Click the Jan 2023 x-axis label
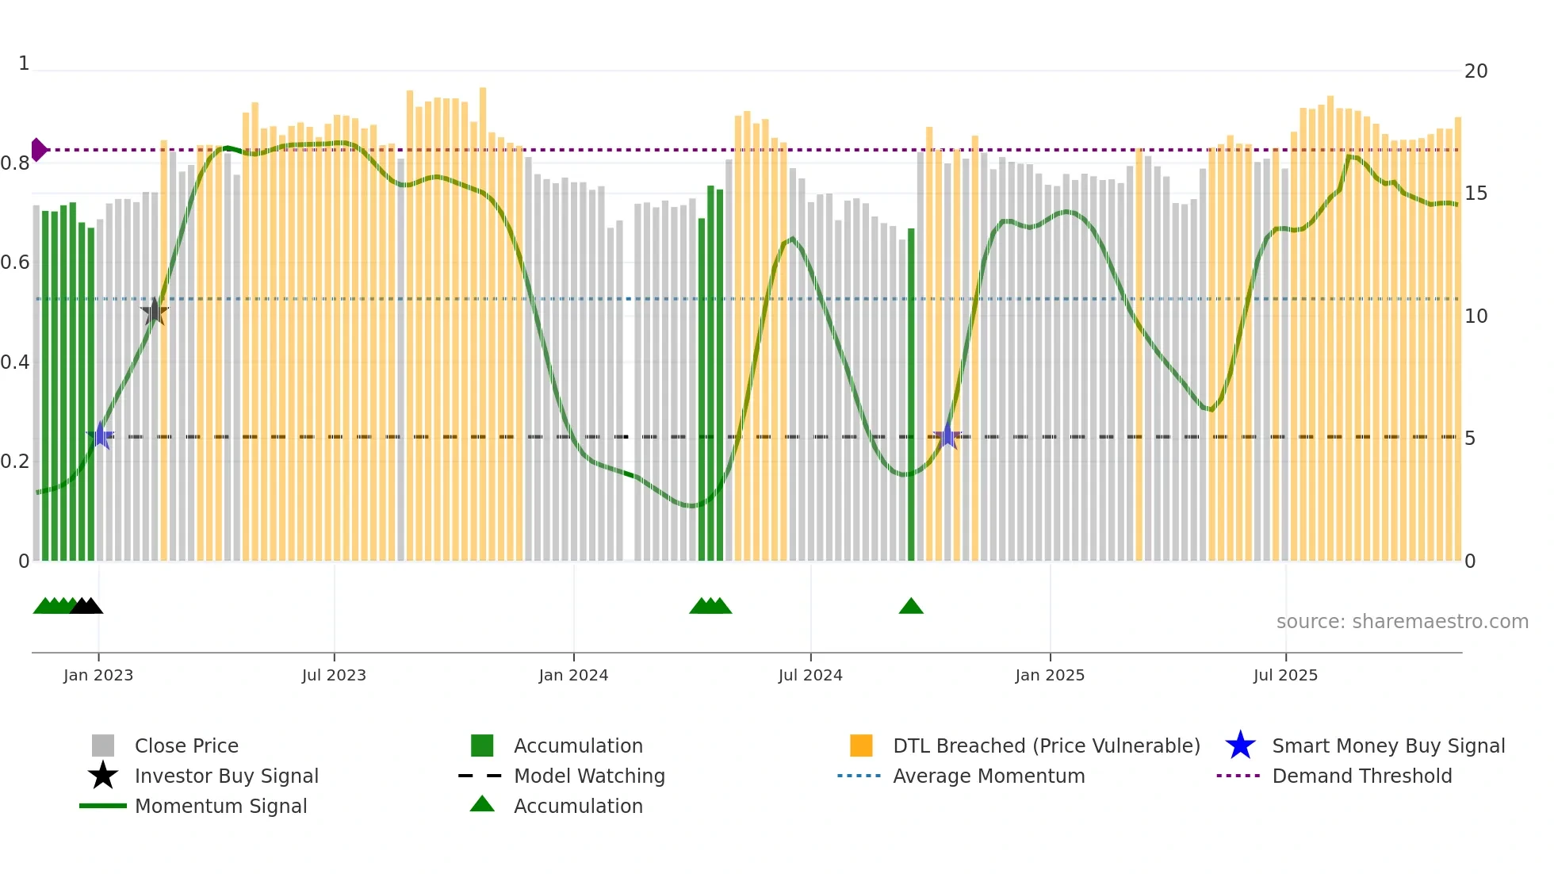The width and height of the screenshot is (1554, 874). tap(98, 675)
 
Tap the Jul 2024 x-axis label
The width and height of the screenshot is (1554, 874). tap(810, 675)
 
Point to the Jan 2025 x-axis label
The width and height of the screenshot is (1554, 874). tap(1049, 675)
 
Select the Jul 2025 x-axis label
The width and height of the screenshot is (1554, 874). tap(1284, 675)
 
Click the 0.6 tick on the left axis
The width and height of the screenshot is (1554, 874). tap(15, 263)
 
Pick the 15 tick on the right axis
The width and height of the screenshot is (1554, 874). tap(1475, 194)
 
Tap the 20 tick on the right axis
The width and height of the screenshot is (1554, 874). tap(1476, 71)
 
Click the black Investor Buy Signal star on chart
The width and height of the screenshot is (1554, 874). tap(155, 312)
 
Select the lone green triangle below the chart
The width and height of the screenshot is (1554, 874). tap(911, 607)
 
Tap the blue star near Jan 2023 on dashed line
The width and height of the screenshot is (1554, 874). tap(101, 435)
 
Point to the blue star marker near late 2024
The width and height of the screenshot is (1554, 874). tap(947, 436)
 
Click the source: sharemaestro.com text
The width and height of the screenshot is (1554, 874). tap(1402, 622)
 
